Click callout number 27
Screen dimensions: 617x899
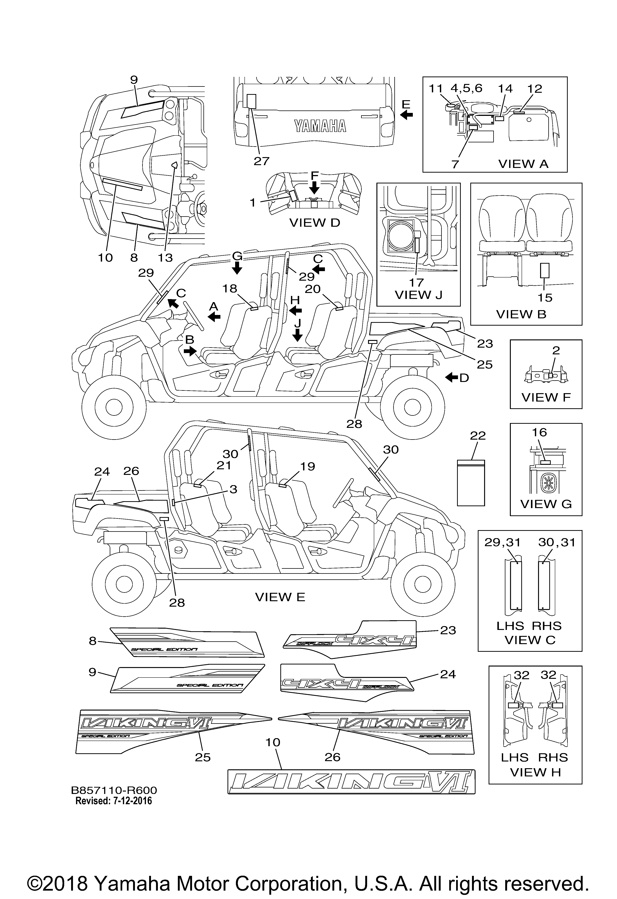[x=261, y=161]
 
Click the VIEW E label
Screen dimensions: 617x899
[x=280, y=597]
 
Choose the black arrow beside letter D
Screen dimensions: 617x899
[x=451, y=377]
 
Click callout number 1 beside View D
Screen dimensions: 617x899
[x=253, y=202]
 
